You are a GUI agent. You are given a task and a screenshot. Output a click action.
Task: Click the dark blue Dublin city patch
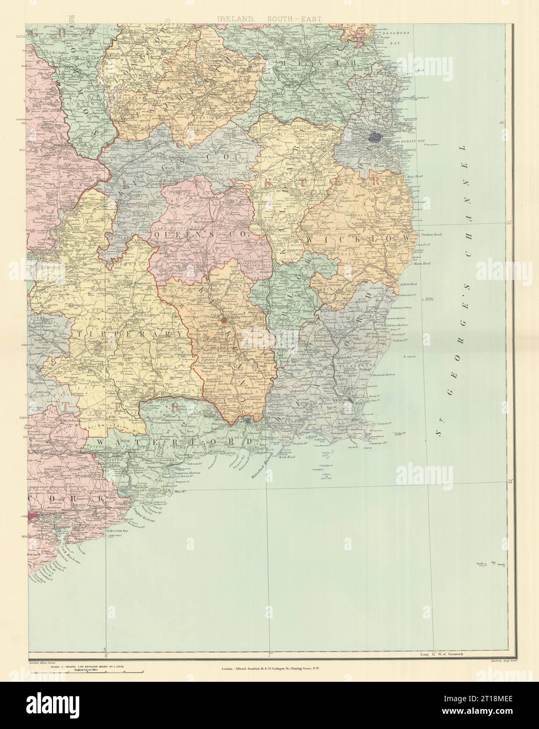tap(376, 137)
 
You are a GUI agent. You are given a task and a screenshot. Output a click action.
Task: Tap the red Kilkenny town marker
tap(224, 319)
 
